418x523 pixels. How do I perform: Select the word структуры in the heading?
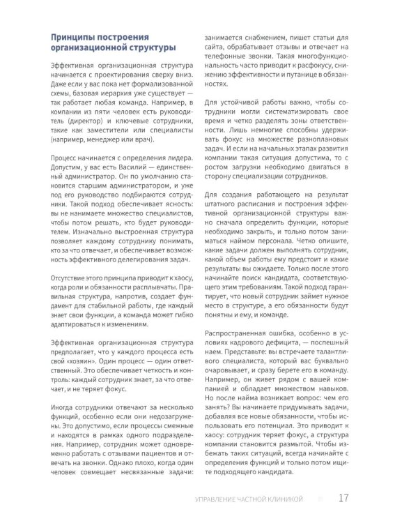[145, 47]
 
